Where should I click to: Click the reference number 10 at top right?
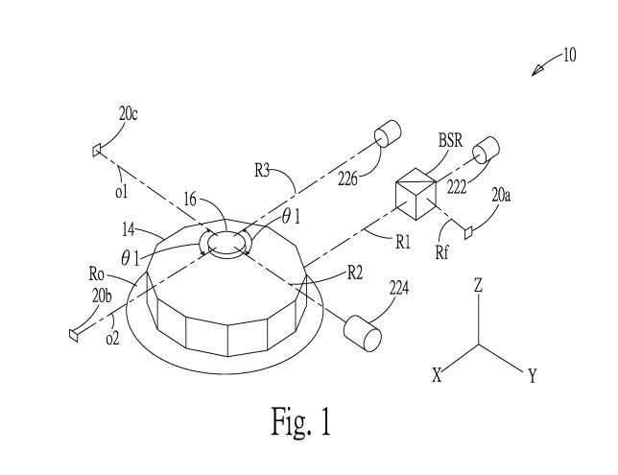click(570, 56)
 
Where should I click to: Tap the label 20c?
click(128, 114)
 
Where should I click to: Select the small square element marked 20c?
click(97, 151)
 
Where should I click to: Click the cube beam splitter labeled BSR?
click(416, 194)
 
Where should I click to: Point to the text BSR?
click(450, 140)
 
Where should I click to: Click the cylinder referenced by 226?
click(388, 133)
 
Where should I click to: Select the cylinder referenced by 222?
click(486, 151)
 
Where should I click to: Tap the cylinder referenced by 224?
click(363, 333)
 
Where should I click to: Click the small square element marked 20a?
click(468, 232)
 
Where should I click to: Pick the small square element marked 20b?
click(73, 335)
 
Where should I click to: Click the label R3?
click(262, 171)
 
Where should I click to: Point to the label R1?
click(403, 243)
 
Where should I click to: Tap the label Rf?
click(441, 252)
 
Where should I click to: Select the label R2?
click(355, 273)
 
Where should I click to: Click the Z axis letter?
click(478, 285)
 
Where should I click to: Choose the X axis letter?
click(437, 375)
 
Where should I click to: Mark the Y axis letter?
click(533, 376)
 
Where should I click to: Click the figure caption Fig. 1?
click(301, 421)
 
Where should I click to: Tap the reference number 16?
click(190, 200)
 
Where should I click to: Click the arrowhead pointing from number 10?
click(536, 71)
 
